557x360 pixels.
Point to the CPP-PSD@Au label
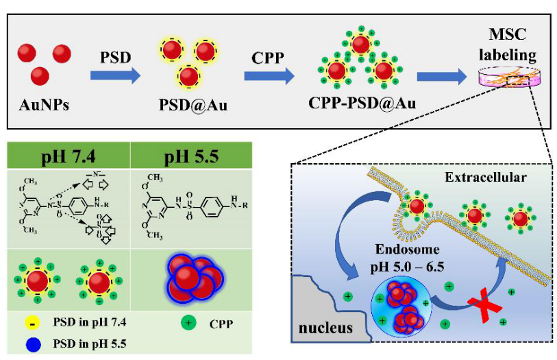362,106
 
